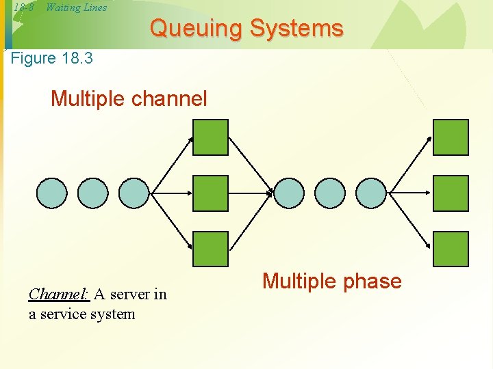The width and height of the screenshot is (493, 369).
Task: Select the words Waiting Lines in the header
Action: click(76, 8)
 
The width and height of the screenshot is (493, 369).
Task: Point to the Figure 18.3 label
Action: click(52, 58)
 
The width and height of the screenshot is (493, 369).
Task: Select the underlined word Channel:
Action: click(59, 295)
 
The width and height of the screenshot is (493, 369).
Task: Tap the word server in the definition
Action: click(130, 295)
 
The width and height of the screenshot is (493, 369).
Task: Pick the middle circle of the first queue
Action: click(92, 193)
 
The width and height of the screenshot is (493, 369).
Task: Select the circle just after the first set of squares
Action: click(289, 193)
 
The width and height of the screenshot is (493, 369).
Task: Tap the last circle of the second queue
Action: click(371, 193)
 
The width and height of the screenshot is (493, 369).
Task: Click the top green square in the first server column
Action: click(210, 137)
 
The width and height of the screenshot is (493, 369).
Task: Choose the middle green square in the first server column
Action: click(210, 193)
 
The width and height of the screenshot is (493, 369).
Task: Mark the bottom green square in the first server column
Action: click(210, 249)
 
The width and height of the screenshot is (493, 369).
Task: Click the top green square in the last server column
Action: click(451, 137)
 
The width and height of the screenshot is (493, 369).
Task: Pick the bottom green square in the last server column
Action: click(451, 249)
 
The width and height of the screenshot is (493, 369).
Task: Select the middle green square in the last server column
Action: click(451, 193)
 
